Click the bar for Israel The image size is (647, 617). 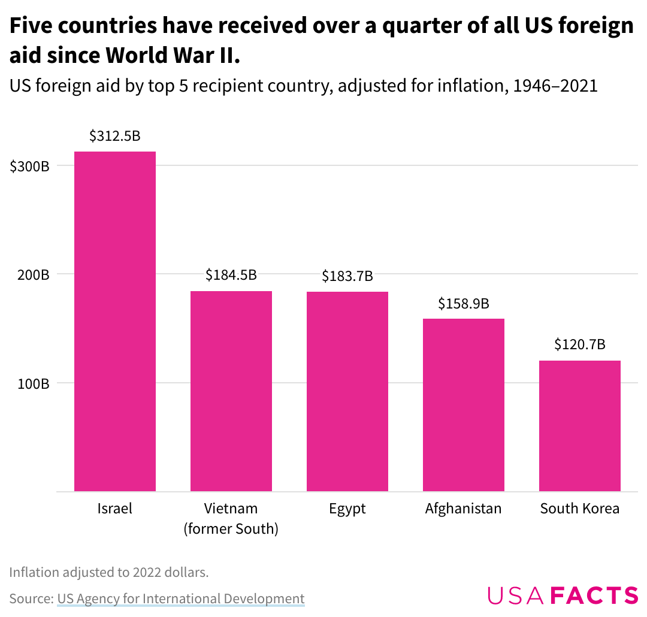point(115,321)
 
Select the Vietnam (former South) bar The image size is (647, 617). point(231,391)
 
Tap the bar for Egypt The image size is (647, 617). point(347,391)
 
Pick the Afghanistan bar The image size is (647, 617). point(464,404)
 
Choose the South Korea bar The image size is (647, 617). point(580,425)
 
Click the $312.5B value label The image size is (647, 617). point(115,136)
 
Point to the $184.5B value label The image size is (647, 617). point(231,275)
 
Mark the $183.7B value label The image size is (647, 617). point(347,276)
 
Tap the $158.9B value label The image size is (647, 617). point(464,304)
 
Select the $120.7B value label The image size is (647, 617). point(580,344)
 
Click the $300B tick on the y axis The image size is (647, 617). point(29,167)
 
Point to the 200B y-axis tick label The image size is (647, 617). point(32,275)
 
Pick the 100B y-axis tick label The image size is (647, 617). point(32,383)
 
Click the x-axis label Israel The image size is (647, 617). point(115,509)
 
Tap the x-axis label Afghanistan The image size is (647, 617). point(464,509)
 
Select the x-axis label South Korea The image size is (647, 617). point(580,509)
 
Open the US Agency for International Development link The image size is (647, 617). point(181,598)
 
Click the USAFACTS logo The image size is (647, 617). point(563,595)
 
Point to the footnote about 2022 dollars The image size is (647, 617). point(109,572)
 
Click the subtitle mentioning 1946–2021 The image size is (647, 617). point(303,86)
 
